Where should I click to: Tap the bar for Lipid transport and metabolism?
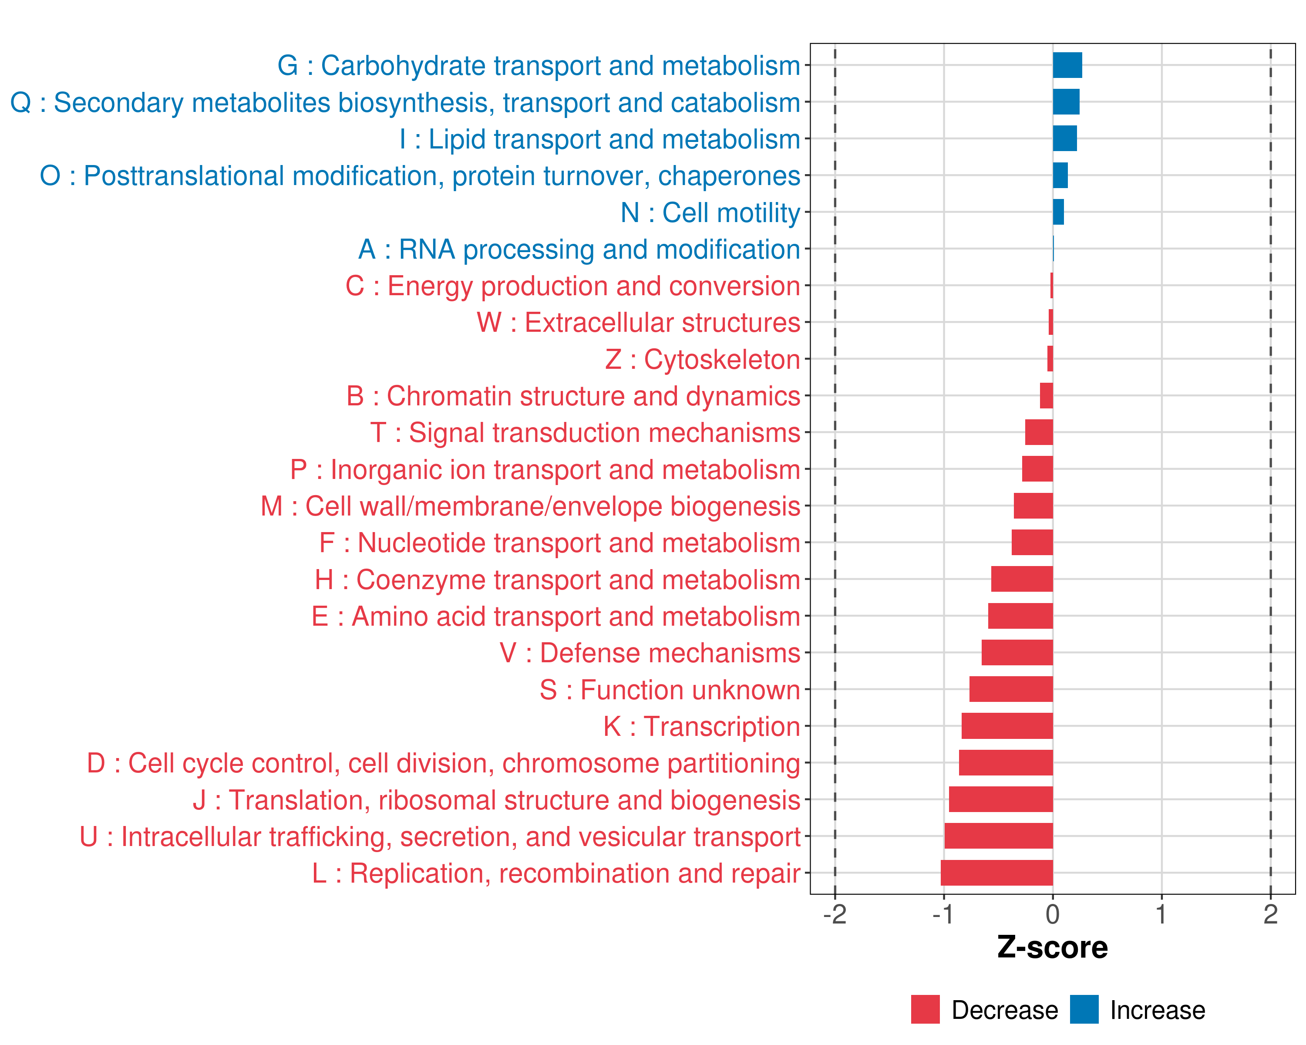1064,139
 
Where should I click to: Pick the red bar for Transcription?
1007,726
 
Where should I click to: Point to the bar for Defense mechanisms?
1017,652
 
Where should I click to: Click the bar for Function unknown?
1010,689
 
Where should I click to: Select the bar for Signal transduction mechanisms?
1038,432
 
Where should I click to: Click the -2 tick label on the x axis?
835,914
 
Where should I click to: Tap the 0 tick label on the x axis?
1053,914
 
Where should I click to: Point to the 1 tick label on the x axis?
1161,914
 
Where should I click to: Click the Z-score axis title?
1052,947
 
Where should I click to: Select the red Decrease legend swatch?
925,1009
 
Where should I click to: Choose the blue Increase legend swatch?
1084,1009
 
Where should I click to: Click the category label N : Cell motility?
710,212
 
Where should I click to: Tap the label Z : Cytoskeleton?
702,359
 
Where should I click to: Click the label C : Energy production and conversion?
572,286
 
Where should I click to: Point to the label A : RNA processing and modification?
579,249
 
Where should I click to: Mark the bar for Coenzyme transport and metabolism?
1021,579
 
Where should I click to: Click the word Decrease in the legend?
1004,1010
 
